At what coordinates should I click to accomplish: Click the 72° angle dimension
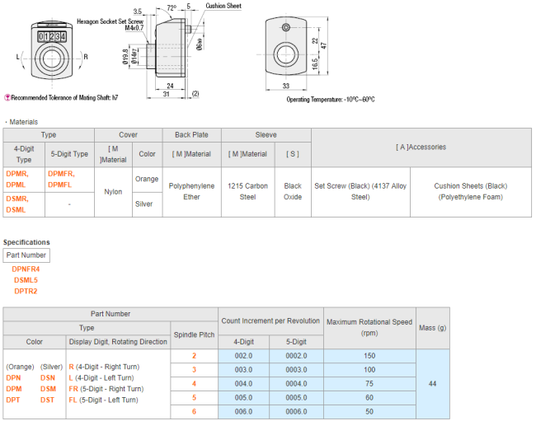(x=172, y=7)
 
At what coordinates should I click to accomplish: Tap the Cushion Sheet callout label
(x=223, y=6)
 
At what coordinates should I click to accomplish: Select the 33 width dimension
(x=286, y=86)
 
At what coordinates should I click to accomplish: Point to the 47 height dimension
(x=324, y=45)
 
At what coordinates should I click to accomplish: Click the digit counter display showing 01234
(x=52, y=36)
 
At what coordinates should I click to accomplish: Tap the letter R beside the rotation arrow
(x=86, y=57)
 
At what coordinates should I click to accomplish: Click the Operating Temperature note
(x=330, y=100)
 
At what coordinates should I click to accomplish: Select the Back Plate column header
(x=191, y=135)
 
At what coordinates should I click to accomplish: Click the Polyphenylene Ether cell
(x=191, y=191)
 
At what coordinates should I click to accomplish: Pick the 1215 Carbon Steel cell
(x=248, y=191)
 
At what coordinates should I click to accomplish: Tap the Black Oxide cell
(x=293, y=191)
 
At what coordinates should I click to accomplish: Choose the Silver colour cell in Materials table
(x=143, y=203)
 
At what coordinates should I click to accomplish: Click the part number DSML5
(x=26, y=280)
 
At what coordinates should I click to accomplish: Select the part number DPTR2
(x=26, y=292)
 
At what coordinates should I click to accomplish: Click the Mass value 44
(x=432, y=383)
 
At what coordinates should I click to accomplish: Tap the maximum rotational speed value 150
(x=369, y=356)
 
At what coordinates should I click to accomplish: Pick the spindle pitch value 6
(x=194, y=411)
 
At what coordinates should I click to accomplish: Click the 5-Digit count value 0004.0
(x=296, y=383)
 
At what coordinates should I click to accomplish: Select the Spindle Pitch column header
(x=194, y=334)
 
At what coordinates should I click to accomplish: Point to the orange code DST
(x=47, y=400)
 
